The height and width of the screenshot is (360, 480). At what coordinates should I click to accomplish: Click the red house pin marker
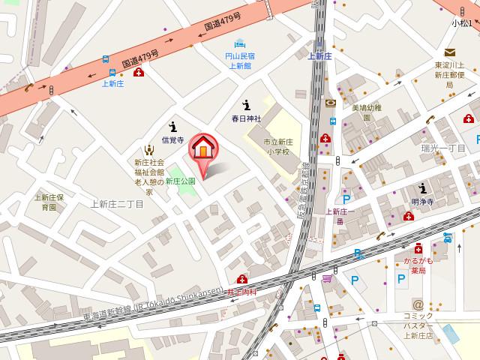coord(202,148)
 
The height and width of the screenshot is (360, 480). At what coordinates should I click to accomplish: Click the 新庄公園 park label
coord(180,181)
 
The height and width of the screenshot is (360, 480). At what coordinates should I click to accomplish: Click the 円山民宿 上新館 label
coord(239,61)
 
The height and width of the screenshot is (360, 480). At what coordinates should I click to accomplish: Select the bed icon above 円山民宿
coord(240,42)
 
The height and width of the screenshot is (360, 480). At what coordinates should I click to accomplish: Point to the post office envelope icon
coord(449,52)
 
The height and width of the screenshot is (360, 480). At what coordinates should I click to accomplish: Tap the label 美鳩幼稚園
coord(367,112)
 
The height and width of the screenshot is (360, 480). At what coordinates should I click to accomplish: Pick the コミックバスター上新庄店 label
coord(418,325)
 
